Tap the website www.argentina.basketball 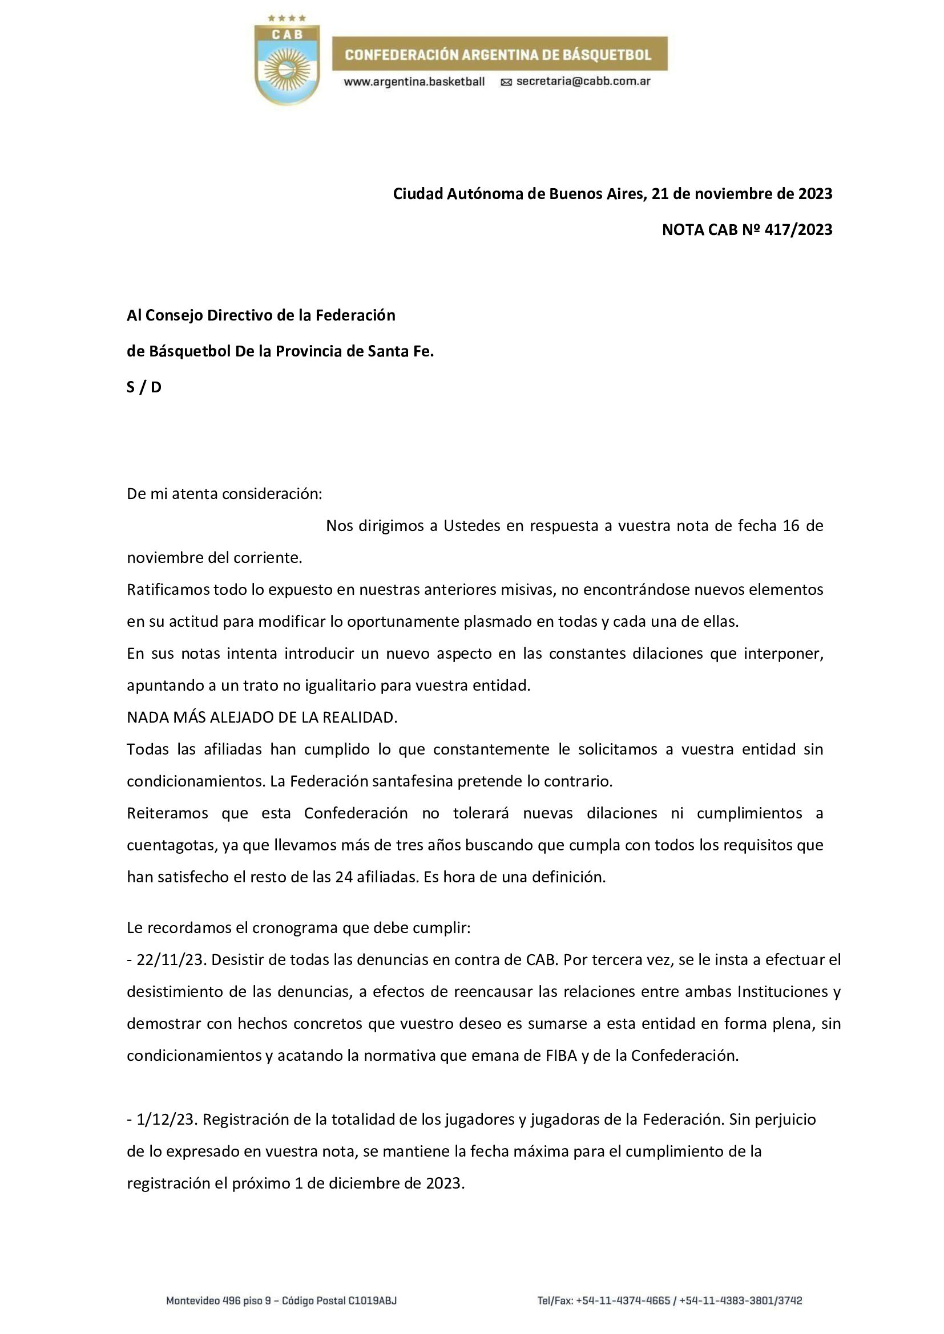(x=414, y=82)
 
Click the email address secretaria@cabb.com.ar (x=583, y=82)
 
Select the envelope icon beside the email (x=506, y=83)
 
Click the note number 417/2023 (x=798, y=230)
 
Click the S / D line (x=144, y=387)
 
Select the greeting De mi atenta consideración (x=224, y=494)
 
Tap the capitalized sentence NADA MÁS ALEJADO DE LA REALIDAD (x=262, y=717)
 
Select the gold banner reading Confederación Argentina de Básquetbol (x=499, y=55)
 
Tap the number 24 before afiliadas (x=344, y=877)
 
